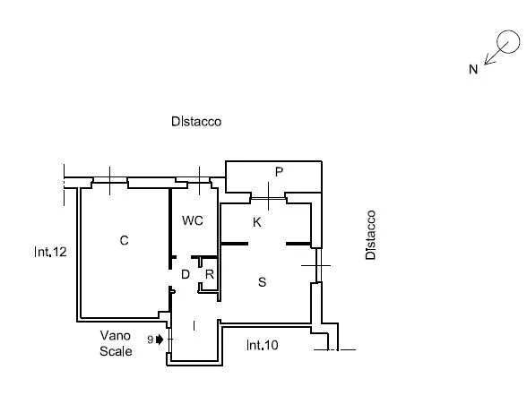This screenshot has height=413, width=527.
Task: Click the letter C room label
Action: point(124,240)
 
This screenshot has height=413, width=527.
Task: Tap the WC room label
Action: point(193,220)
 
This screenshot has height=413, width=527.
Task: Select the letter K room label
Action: point(256,222)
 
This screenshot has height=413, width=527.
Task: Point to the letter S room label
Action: point(262,281)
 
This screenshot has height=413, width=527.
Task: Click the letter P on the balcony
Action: point(279,172)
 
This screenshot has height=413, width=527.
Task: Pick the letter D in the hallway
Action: point(186,274)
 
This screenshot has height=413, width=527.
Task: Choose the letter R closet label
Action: point(210,274)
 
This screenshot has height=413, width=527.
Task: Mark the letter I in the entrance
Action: point(194,325)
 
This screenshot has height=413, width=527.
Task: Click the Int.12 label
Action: point(50,252)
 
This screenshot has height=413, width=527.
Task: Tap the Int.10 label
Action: point(262,345)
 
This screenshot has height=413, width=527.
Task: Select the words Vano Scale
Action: point(116,343)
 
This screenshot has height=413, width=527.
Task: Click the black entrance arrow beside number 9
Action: point(160,340)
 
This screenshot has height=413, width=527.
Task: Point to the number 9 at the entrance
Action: point(151,340)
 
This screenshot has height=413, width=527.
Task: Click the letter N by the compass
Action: point(473,69)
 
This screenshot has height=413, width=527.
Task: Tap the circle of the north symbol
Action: point(508,42)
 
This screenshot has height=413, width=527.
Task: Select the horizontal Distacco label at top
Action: point(196,121)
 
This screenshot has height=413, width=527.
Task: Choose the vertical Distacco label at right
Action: point(370,235)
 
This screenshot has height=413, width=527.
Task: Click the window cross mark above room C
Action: point(110,180)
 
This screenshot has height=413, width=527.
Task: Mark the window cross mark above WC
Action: point(200,180)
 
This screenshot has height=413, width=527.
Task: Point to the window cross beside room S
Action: point(315,265)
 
